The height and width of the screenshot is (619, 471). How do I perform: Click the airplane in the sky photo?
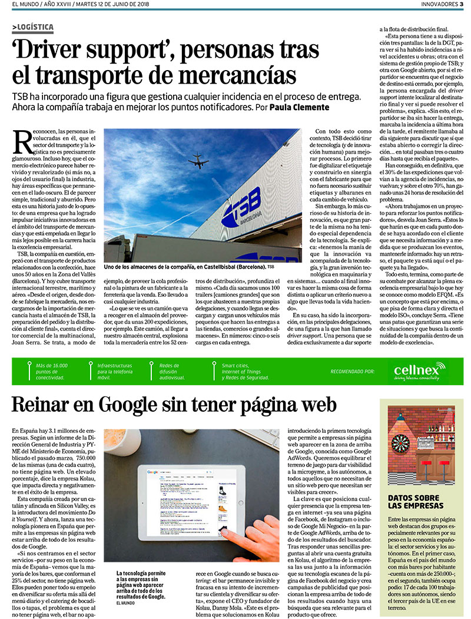click(x=198, y=161)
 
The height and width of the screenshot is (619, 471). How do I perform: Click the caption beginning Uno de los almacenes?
click(x=183, y=267)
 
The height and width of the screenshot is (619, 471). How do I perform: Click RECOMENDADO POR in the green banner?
click(x=353, y=372)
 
